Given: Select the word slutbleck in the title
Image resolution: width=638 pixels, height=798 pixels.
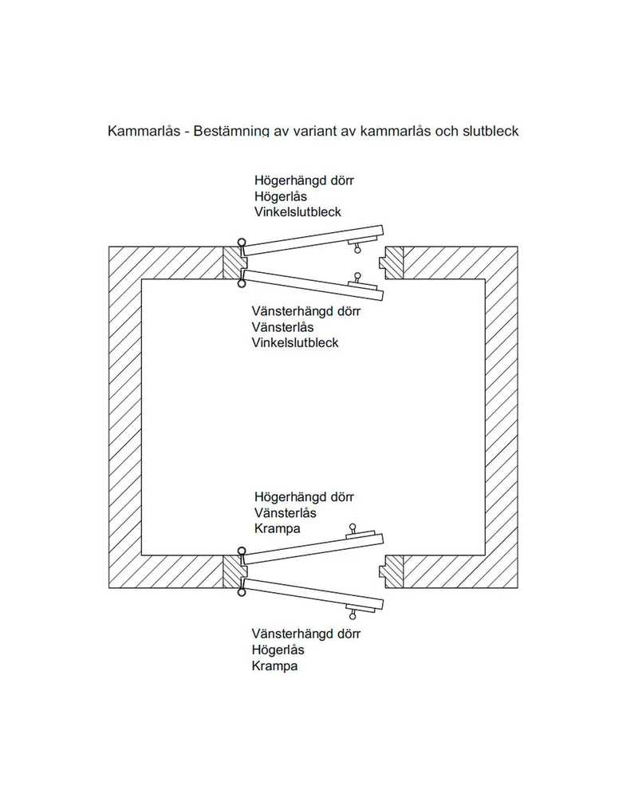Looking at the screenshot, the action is pyautogui.click(x=490, y=132).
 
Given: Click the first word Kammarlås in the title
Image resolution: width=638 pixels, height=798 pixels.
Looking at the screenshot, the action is pyautogui.click(x=144, y=132).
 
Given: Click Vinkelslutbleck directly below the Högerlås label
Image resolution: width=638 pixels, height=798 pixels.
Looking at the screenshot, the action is pyautogui.click(x=297, y=211).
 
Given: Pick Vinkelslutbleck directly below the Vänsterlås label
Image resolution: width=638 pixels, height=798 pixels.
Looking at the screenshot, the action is pyautogui.click(x=295, y=342).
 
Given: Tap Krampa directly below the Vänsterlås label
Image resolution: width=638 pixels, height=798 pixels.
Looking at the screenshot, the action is pyautogui.click(x=278, y=528).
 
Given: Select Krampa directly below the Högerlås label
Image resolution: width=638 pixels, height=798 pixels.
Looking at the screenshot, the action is pyautogui.click(x=274, y=666).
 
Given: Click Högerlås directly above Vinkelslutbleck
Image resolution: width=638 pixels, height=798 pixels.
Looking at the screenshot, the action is pyautogui.click(x=281, y=196).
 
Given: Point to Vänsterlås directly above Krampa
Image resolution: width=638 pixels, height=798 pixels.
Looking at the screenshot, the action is pyautogui.click(x=286, y=512).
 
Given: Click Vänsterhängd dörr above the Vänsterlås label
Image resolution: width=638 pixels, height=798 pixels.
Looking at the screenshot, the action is pyautogui.click(x=306, y=311).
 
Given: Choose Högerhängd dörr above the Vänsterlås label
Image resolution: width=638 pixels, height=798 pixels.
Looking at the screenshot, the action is pyautogui.click(x=304, y=496).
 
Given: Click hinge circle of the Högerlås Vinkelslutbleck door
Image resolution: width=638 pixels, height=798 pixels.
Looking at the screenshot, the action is pyautogui.click(x=242, y=243).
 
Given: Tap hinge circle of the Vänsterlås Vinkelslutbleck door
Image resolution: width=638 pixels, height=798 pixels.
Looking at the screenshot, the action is pyautogui.click(x=242, y=283).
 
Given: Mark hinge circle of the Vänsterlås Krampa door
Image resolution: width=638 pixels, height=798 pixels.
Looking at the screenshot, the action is pyautogui.click(x=242, y=551).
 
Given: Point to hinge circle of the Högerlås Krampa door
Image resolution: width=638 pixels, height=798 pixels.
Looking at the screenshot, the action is pyautogui.click(x=242, y=592).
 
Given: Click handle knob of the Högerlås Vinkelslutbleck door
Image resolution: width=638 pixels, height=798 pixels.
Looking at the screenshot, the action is pyautogui.click(x=357, y=249).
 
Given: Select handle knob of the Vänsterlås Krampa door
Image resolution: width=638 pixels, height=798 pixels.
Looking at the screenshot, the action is pyautogui.click(x=352, y=527).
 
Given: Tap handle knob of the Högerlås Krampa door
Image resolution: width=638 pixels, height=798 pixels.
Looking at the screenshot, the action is pyautogui.click(x=352, y=616).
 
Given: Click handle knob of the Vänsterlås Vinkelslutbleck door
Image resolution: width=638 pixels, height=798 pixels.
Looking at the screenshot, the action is pyautogui.click(x=357, y=276).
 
